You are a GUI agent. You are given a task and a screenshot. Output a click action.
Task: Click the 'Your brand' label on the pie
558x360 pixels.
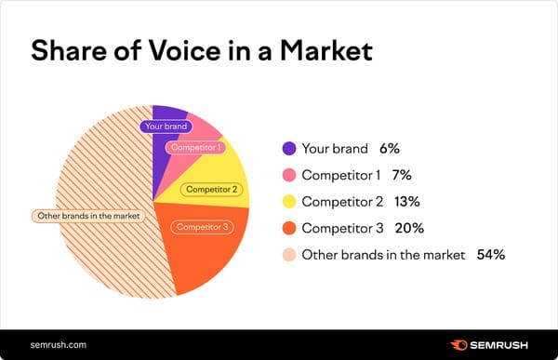[165, 126]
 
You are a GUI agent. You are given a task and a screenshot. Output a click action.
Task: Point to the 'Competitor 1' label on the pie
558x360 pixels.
[194, 147]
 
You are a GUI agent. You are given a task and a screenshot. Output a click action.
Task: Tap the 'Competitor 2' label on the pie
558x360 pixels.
[212, 190]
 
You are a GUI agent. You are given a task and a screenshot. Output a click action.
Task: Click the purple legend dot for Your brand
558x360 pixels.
[288, 148]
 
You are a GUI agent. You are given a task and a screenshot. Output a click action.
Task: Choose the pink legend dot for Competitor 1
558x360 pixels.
[288, 175]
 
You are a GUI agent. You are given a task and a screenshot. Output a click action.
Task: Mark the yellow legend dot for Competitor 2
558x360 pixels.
[288, 201]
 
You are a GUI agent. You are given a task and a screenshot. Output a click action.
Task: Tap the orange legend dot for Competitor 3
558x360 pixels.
[288, 228]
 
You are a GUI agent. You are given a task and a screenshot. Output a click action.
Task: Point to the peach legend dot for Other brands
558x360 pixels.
[288, 254]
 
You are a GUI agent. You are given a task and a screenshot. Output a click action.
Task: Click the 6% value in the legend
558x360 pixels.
[389, 148]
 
